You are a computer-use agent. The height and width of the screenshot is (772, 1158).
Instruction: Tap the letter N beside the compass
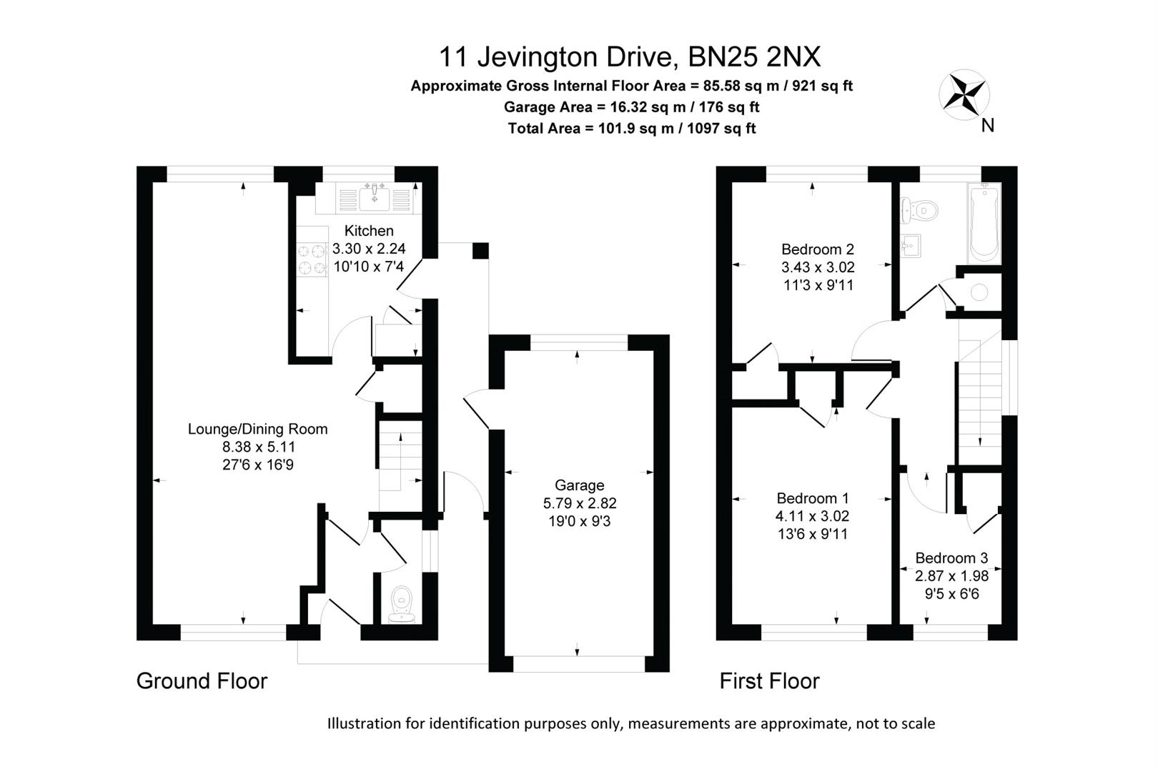point(988,126)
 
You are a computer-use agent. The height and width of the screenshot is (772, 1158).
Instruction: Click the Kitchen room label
point(369,231)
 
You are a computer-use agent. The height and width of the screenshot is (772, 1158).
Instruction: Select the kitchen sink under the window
point(374,197)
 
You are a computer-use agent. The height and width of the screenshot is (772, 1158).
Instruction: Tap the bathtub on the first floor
point(984,223)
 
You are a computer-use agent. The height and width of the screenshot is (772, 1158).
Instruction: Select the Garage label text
point(579,485)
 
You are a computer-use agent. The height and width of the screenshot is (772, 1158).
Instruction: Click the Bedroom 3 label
point(951,558)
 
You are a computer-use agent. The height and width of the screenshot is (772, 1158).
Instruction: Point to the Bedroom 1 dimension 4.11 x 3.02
point(812,516)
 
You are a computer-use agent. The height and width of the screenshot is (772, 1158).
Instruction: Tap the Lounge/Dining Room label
point(257,429)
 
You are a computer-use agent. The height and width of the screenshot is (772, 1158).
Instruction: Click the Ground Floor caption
point(202,681)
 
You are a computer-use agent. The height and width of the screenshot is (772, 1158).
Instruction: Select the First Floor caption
point(769,681)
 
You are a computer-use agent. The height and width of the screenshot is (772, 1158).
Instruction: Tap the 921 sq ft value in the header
point(818,86)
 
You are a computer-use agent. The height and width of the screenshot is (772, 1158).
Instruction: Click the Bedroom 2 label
point(817,249)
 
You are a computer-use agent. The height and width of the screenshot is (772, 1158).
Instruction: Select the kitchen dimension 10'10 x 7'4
point(368,267)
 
